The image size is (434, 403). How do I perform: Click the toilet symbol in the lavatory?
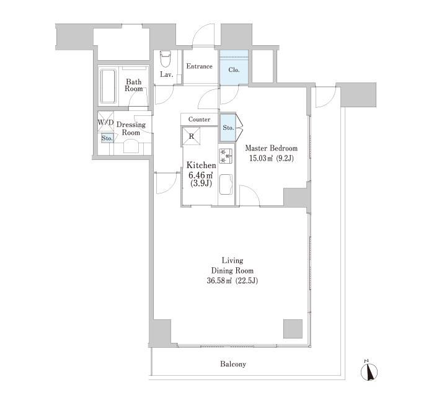click(166, 59)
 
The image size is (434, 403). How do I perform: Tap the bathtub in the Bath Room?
click(108, 86)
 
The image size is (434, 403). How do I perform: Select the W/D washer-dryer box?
click(106, 122)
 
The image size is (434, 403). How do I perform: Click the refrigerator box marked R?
click(191, 136)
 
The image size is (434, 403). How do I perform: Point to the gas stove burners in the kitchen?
click(226, 156)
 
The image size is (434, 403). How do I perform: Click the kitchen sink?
click(226, 185)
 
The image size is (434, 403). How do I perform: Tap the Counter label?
click(199, 119)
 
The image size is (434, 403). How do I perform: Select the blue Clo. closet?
click(234, 67)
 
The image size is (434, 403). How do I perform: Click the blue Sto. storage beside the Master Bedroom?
click(228, 128)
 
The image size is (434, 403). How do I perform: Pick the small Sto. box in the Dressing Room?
click(107, 138)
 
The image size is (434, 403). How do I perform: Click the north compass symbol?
click(370, 371)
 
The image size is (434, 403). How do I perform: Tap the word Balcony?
click(233, 364)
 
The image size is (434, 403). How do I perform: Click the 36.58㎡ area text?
click(219, 281)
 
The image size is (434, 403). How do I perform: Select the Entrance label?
click(199, 66)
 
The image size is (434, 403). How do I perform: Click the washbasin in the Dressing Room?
click(131, 146)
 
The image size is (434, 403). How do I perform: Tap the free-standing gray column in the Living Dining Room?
click(293, 329)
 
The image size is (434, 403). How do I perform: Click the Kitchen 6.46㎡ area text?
click(201, 175)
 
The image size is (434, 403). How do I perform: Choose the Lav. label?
click(167, 74)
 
